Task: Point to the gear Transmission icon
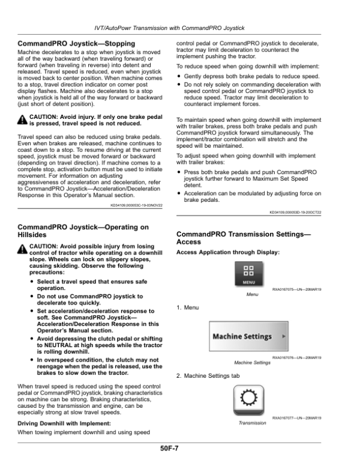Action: (x=247, y=399)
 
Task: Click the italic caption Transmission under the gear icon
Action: (x=252, y=423)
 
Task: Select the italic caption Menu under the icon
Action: (x=252, y=295)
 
